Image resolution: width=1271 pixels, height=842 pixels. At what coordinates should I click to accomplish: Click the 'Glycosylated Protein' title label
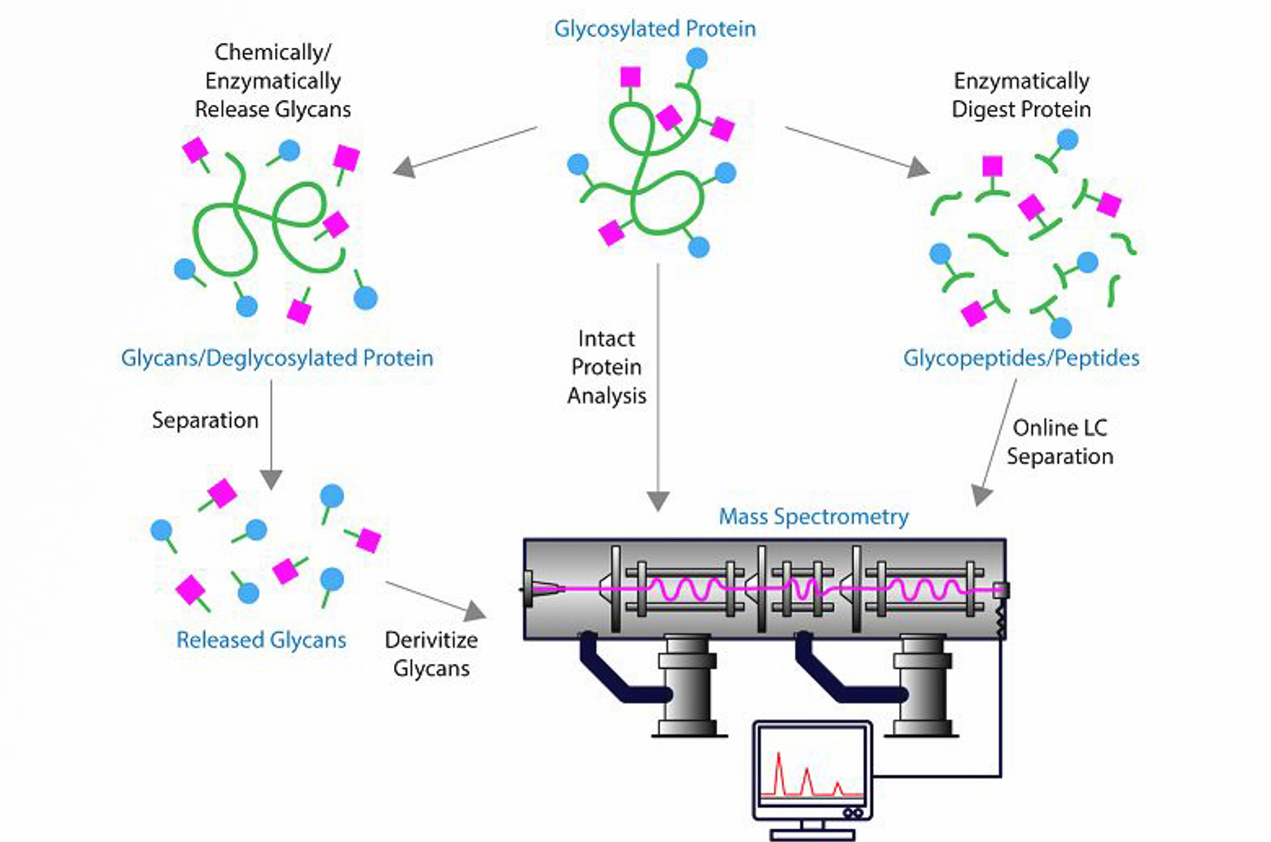coord(655,29)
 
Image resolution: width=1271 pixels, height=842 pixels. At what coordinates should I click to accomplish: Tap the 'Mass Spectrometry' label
coord(813,517)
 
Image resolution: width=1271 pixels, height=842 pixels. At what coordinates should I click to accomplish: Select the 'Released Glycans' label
coord(261,640)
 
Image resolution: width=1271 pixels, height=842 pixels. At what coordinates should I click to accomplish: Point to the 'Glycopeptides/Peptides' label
coord(1021,358)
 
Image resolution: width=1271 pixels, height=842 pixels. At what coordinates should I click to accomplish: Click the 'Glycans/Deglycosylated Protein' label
coord(277,358)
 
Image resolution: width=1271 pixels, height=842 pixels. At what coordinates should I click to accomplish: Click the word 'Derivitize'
coord(431,640)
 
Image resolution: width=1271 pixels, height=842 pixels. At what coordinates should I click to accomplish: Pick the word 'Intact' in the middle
coord(606,339)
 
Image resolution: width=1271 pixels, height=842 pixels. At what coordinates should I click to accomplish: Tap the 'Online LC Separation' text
coord(1060,442)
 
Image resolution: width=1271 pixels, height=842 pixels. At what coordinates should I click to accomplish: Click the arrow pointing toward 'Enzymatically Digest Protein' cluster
coord(858,151)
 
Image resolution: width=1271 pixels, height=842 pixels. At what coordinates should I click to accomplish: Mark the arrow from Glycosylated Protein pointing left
coord(465,151)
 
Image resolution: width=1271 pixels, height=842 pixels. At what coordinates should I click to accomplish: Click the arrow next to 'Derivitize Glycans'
coord(436,600)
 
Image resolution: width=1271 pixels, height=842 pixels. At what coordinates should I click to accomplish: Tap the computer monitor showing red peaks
coord(812,771)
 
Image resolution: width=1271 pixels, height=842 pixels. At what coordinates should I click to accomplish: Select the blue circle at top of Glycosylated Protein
coord(697,58)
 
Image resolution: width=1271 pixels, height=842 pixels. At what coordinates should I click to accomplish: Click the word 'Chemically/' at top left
coord(272,52)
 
